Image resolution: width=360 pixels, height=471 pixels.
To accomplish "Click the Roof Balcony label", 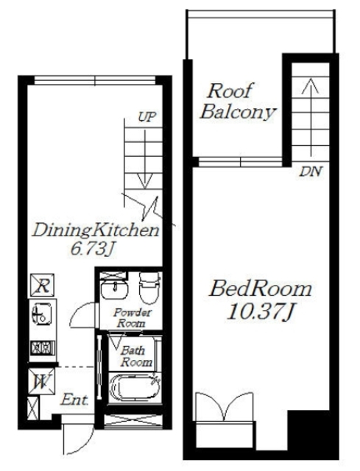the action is tap(238, 102).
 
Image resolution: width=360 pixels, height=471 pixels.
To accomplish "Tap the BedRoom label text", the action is tap(260, 289).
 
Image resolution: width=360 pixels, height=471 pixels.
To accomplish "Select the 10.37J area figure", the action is tap(260, 311).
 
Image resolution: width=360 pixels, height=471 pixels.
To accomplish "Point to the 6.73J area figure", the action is tap(93, 249).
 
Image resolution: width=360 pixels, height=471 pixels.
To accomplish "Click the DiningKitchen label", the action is tap(96, 230).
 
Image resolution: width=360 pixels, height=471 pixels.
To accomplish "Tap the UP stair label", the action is tap(147, 116).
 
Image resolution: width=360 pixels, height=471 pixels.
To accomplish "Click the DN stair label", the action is tap(311, 171).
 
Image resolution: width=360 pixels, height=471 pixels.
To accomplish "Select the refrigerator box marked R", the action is tap(43, 285).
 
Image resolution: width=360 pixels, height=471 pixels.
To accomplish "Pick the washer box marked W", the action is tap(41, 381).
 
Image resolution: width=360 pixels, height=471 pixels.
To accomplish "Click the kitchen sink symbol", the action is tap(42, 314).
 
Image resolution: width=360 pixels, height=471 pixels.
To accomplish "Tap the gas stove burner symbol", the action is tap(43, 348).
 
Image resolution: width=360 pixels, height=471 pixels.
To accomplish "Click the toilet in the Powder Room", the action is tap(149, 288).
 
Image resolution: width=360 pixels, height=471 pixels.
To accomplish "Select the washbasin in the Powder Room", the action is tap(115, 290).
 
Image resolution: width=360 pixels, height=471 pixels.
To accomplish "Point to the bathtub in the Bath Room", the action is tap(135, 387).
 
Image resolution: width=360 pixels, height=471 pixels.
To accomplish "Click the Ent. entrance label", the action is tap(74, 400).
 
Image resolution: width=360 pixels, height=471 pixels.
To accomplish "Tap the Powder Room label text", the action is tap(132, 318).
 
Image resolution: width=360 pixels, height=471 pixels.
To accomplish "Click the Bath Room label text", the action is tap(135, 357).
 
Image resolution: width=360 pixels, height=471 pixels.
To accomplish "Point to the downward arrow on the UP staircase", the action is tap(145, 159).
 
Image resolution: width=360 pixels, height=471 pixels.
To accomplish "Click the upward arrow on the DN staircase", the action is tap(311, 116).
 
